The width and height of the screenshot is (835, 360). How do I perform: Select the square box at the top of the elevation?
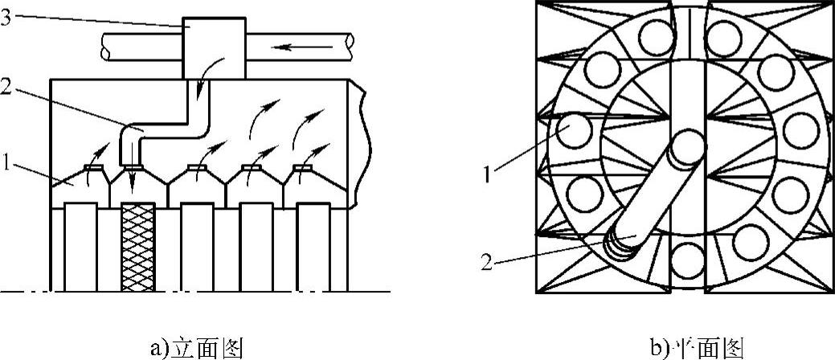point(214,47)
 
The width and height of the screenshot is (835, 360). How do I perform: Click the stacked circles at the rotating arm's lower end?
point(620,247)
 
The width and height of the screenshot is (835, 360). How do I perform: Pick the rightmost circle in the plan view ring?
point(800,130)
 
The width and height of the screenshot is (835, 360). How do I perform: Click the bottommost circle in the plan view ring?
point(687,259)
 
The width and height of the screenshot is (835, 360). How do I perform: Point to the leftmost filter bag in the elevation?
point(80,247)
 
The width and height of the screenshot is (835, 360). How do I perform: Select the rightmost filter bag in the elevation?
point(313,247)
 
